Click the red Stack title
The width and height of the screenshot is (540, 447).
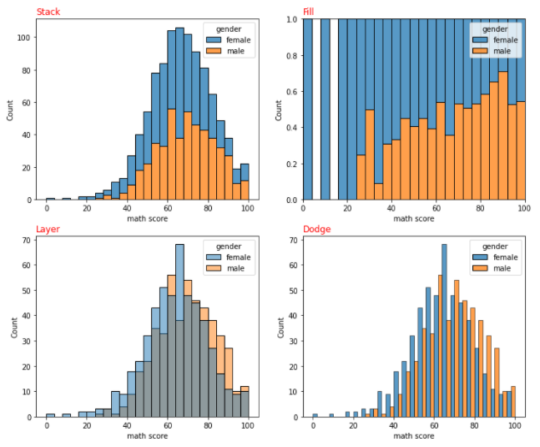(48, 12)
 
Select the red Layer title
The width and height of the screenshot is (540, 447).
(48, 229)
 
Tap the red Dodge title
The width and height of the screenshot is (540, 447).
(316, 229)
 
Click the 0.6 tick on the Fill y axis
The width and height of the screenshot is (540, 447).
(292, 91)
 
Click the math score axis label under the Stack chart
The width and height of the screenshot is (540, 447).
(147, 219)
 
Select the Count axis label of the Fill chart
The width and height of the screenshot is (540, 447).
(279, 109)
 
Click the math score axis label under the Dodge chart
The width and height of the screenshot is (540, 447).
(414, 436)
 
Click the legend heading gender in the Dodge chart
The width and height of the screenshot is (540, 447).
(495, 246)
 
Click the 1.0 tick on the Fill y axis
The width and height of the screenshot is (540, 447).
(292, 18)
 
